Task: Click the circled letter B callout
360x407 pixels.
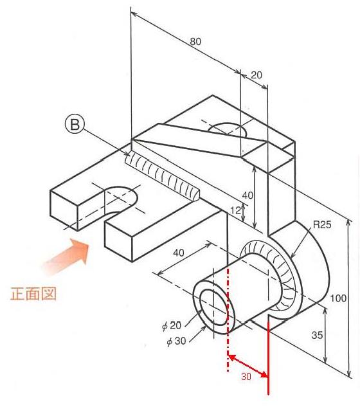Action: coord(75,125)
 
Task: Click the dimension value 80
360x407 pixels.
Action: coord(195,42)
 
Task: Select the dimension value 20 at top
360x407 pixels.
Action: coord(256,75)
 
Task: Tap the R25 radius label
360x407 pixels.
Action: coord(322,224)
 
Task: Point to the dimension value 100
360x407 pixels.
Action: coord(338,298)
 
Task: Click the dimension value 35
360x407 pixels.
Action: coord(317,336)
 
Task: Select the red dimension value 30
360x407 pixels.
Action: coord(246,376)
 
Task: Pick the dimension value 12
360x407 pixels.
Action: coord(236,210)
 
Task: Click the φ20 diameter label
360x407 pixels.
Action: coord(172,325)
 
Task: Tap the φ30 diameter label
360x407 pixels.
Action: coord(177,341)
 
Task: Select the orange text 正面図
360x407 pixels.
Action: coord(33,294)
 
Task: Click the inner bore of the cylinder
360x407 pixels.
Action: coord(214,307)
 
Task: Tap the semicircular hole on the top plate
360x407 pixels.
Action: coord(228,130)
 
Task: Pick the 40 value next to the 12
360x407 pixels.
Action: coord(247,195)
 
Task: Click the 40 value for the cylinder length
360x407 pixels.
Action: coord(179,253)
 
